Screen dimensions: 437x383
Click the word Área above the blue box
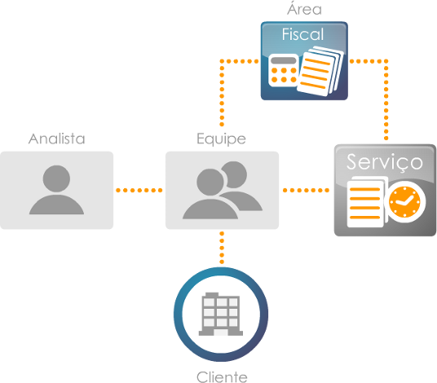pyautogui.click(x=304, y=8)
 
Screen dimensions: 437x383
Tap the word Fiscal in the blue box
pyautogui.click(x=303, y=34)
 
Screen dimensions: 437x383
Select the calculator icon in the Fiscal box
pyautogui.click(x=283, y=70)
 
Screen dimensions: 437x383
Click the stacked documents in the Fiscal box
pyautogui.click(x=320, y=72)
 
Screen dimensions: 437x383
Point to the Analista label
pyautogui.click(x=56, y=139)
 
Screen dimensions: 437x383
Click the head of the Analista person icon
pyautogui.click(x=56, y=178)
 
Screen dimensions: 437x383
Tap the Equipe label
pyautogui.click(x=221, y=139)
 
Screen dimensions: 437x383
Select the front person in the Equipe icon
pyautogui.click(x=210, y=194)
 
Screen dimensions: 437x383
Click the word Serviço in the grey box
pyautogui.click(x=385, y=162)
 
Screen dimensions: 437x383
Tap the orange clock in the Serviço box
pyautogui.click(x=404, y=201)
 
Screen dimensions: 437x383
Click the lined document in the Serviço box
pyautogui.click(x=365, y=204)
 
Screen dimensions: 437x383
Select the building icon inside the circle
pyautogui.click(x=221, y=314)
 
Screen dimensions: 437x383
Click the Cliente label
pyautogui.click(x=222, y=377)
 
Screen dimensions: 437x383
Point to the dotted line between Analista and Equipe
pyautogui.click(x=139, y=190)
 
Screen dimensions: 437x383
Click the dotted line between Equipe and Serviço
pyautogui.click(x=306, y=190)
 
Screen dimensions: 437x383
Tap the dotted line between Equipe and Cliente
pyautogui.click(x=222, y=248)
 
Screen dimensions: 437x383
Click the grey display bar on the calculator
pyautogui.click(x=284, y=60)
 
